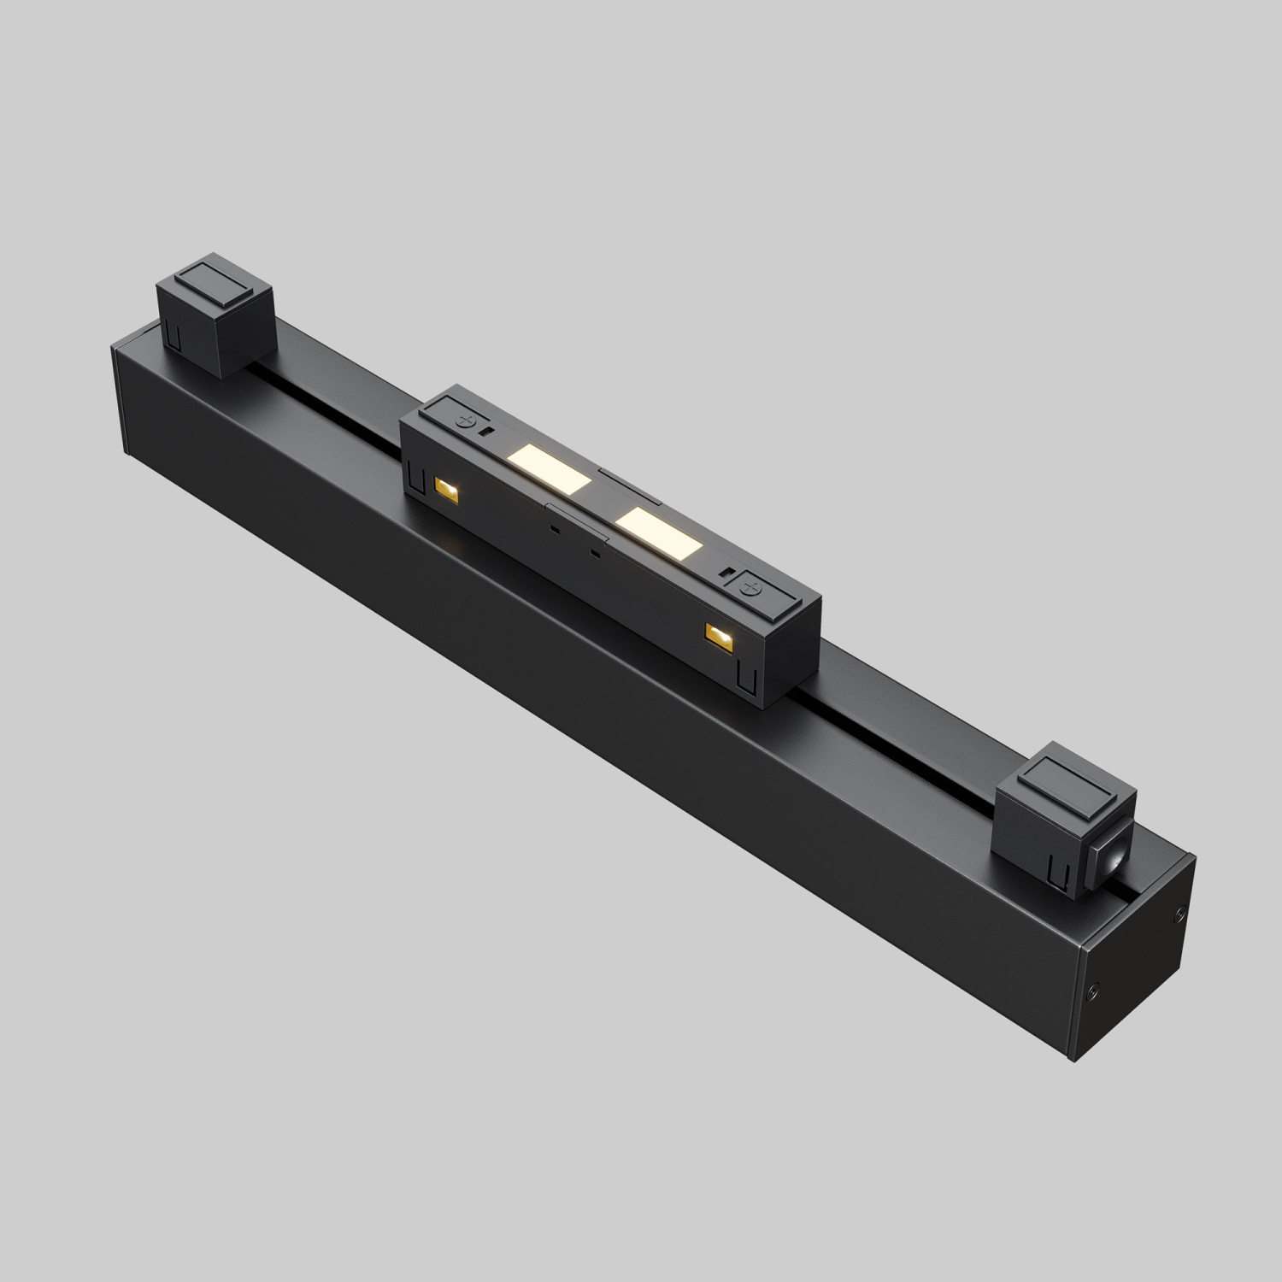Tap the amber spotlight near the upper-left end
(x=445, y=488)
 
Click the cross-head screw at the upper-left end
(x=468, y=420)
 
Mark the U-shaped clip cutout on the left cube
(x=173, y=335)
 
